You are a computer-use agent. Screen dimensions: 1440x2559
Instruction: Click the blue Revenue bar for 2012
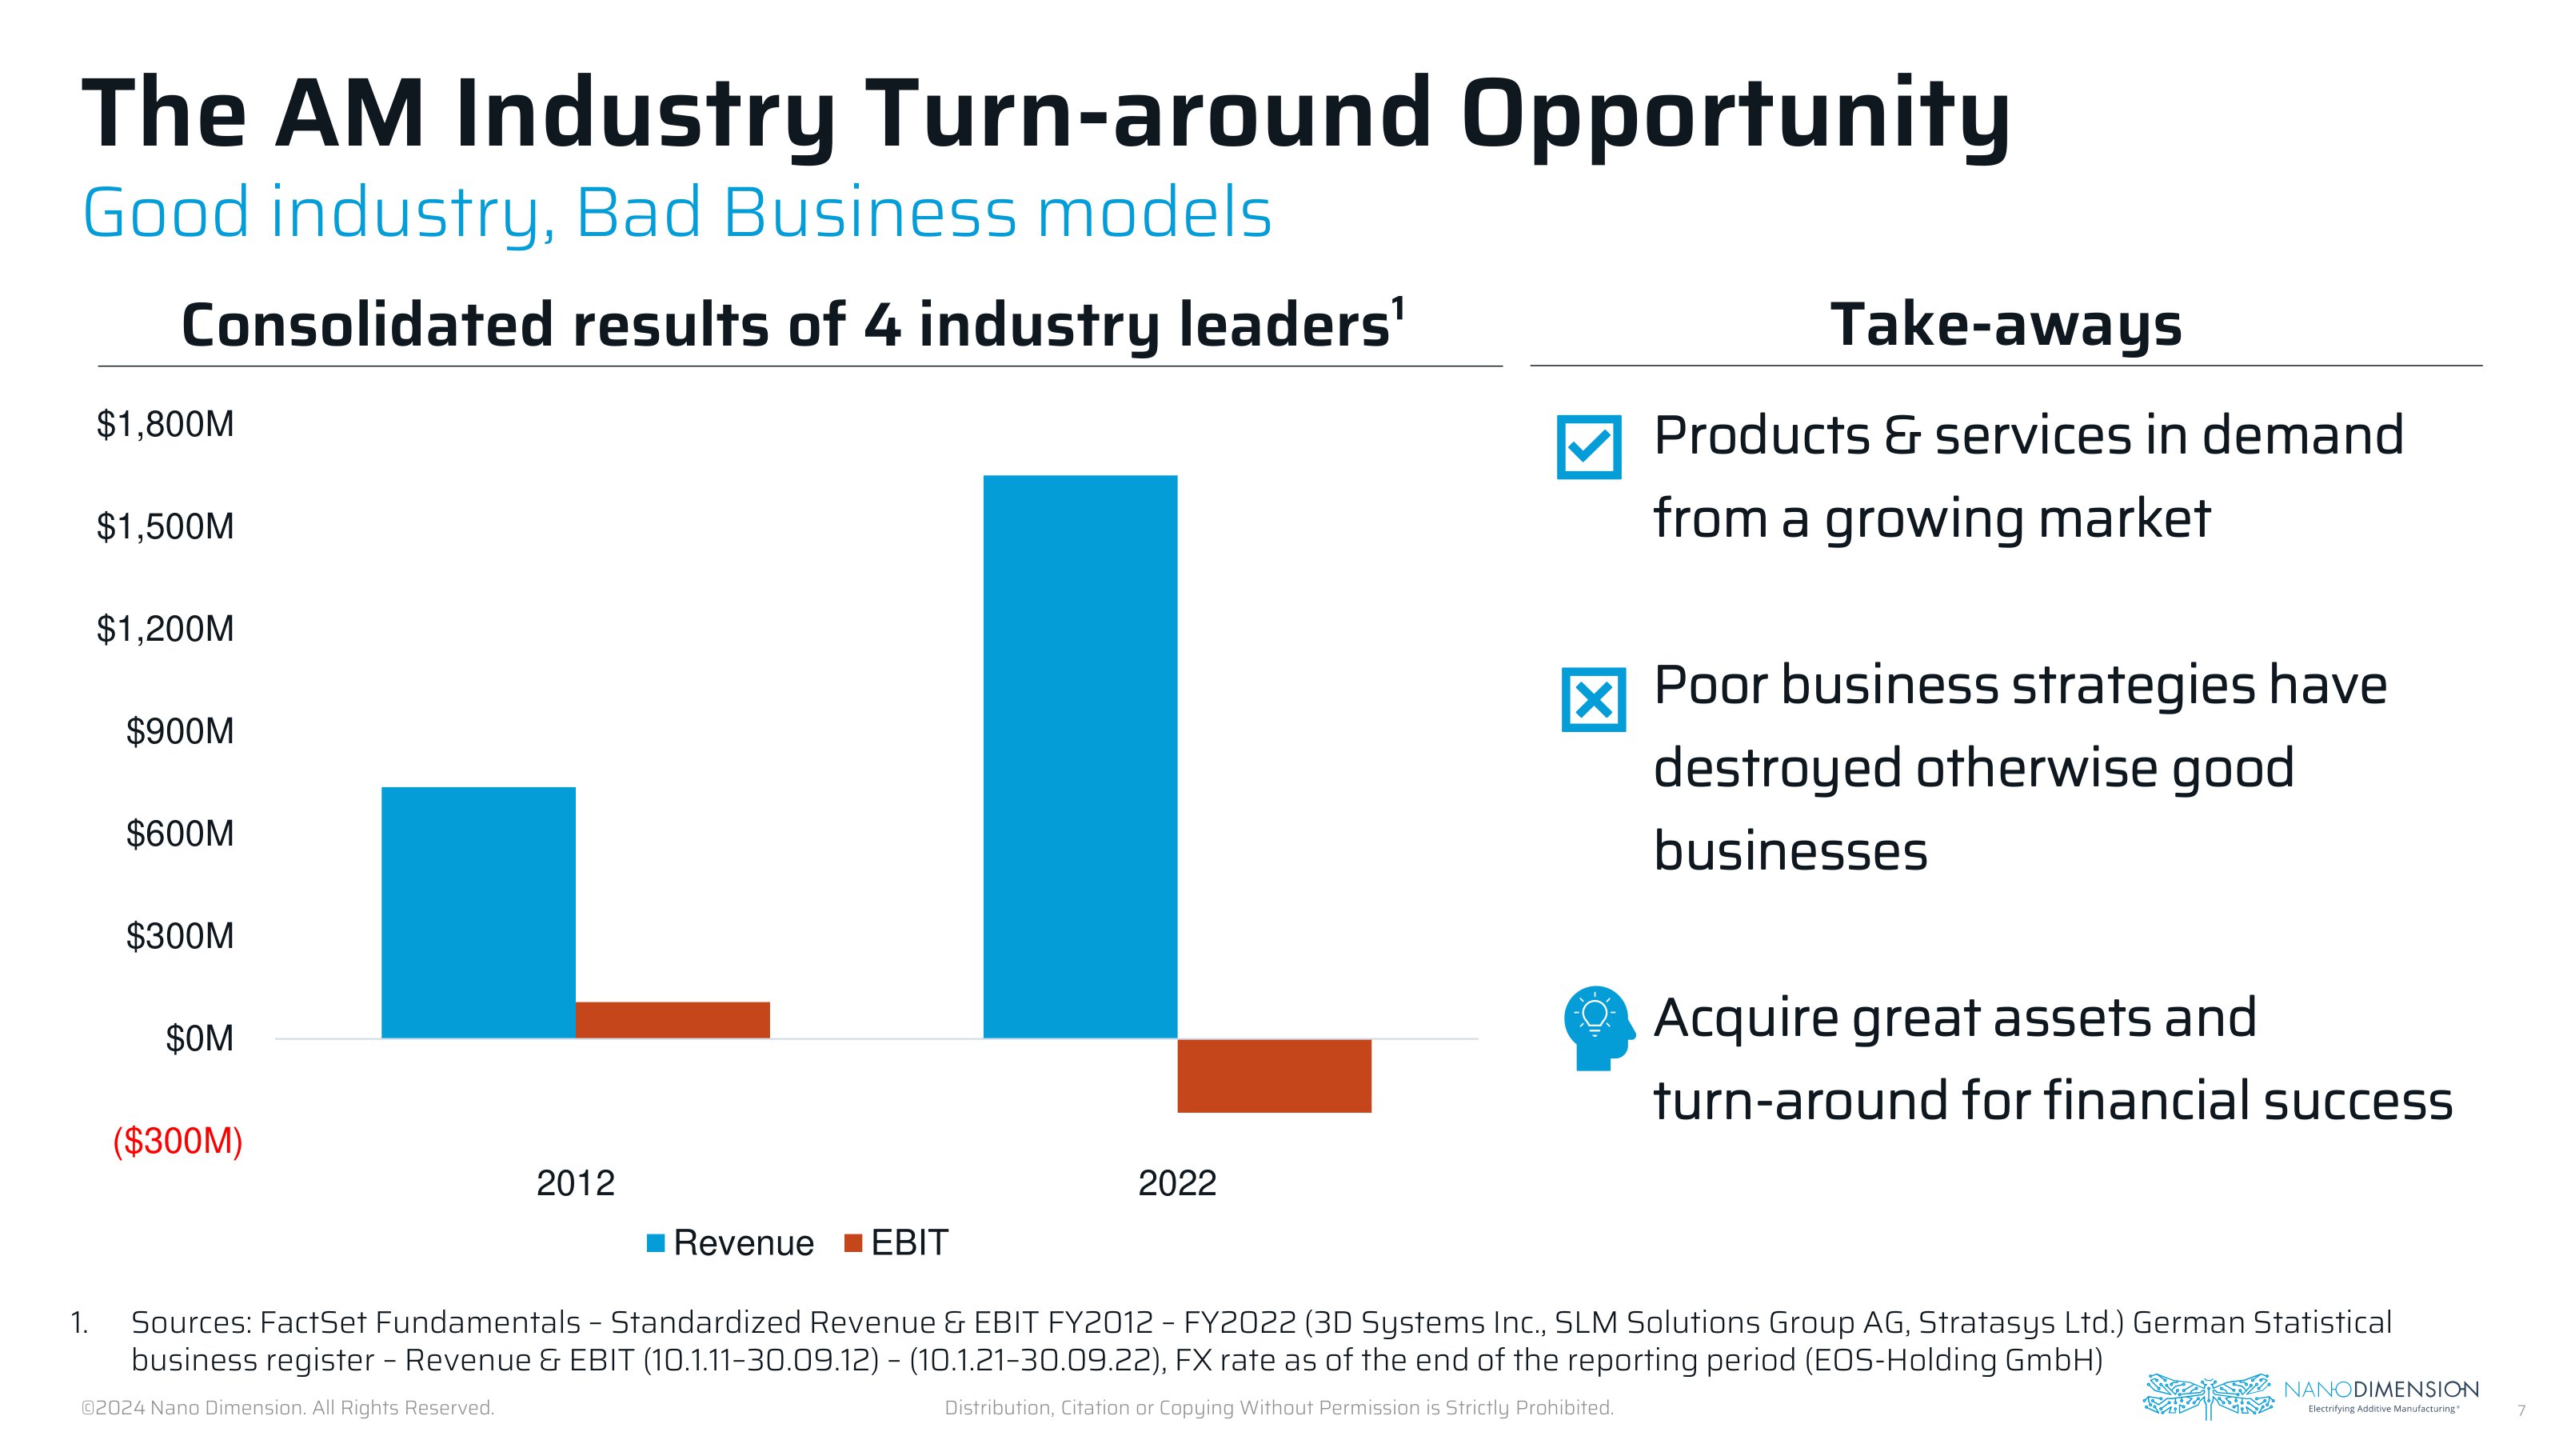pos(478,912)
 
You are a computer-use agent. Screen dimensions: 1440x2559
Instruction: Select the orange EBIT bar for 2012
pos(673,1020)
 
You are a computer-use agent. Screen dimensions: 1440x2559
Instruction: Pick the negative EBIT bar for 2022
pos(1274,1075)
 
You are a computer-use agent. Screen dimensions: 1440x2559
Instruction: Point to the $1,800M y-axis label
pos(165,424)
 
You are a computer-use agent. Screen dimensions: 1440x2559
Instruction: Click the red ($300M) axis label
pos(178,1141)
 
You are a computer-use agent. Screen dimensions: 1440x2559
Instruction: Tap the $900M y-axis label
pos(180,731)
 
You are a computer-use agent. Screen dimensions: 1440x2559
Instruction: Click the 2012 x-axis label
pos(575,1182)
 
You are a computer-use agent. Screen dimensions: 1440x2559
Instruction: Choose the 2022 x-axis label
pos(1177,1182)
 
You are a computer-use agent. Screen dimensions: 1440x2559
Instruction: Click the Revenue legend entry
pos(730,1243)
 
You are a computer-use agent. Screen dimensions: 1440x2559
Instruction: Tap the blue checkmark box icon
pos(1588,447)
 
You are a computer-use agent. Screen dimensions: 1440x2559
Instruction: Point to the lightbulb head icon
pos(1596,1026)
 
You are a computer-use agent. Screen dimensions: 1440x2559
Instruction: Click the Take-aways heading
pos(2006,325)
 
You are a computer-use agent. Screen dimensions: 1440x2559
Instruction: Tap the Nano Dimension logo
pos(2309,1395)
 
